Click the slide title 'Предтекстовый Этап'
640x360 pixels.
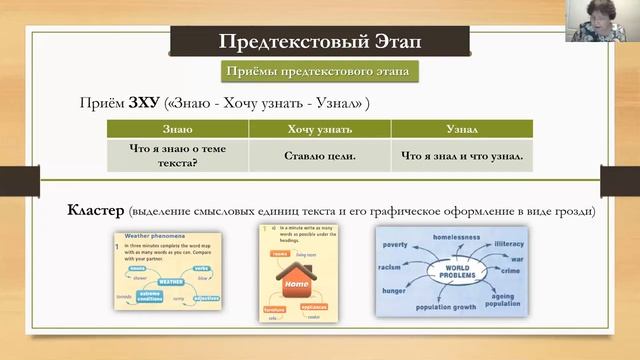[x=320, y=42]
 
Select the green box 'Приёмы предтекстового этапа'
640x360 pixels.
[x=320, y=72]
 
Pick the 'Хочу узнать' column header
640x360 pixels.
[x=319, y=129]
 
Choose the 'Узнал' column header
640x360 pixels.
[x=462, y=129]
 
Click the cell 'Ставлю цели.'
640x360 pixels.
[x=319, y=156]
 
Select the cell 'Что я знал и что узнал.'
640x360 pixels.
[x=462, y=156]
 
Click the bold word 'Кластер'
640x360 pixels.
[x=95, y=212]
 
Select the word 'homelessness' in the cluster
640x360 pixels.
[x=458, y=237]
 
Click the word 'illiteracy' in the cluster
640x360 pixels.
[x=510, y=243]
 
